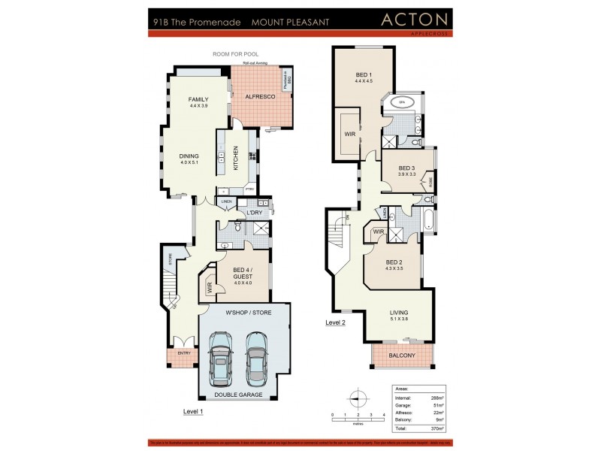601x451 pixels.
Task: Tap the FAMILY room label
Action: pyautogui.click(x=198, y=100)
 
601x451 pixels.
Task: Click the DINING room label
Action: pyautogui.click(x=189, y=156)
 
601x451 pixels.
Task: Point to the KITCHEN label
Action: pyautogui.click(x=236, y=157)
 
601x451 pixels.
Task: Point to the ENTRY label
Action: pyautogui.click(x=183, y=353)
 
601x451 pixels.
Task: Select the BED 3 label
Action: pyautogui.click(x=406, y=168)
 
